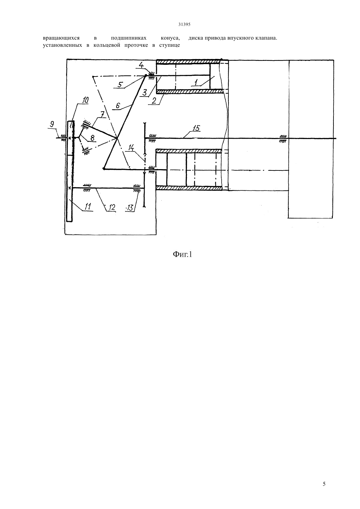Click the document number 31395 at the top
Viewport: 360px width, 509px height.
click(184, 25)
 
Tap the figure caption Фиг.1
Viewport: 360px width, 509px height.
click(182, 254)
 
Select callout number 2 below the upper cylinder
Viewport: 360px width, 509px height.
click(154, 100)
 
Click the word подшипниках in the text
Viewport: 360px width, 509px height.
click(129, 38)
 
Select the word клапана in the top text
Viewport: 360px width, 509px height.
click(267, 38)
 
